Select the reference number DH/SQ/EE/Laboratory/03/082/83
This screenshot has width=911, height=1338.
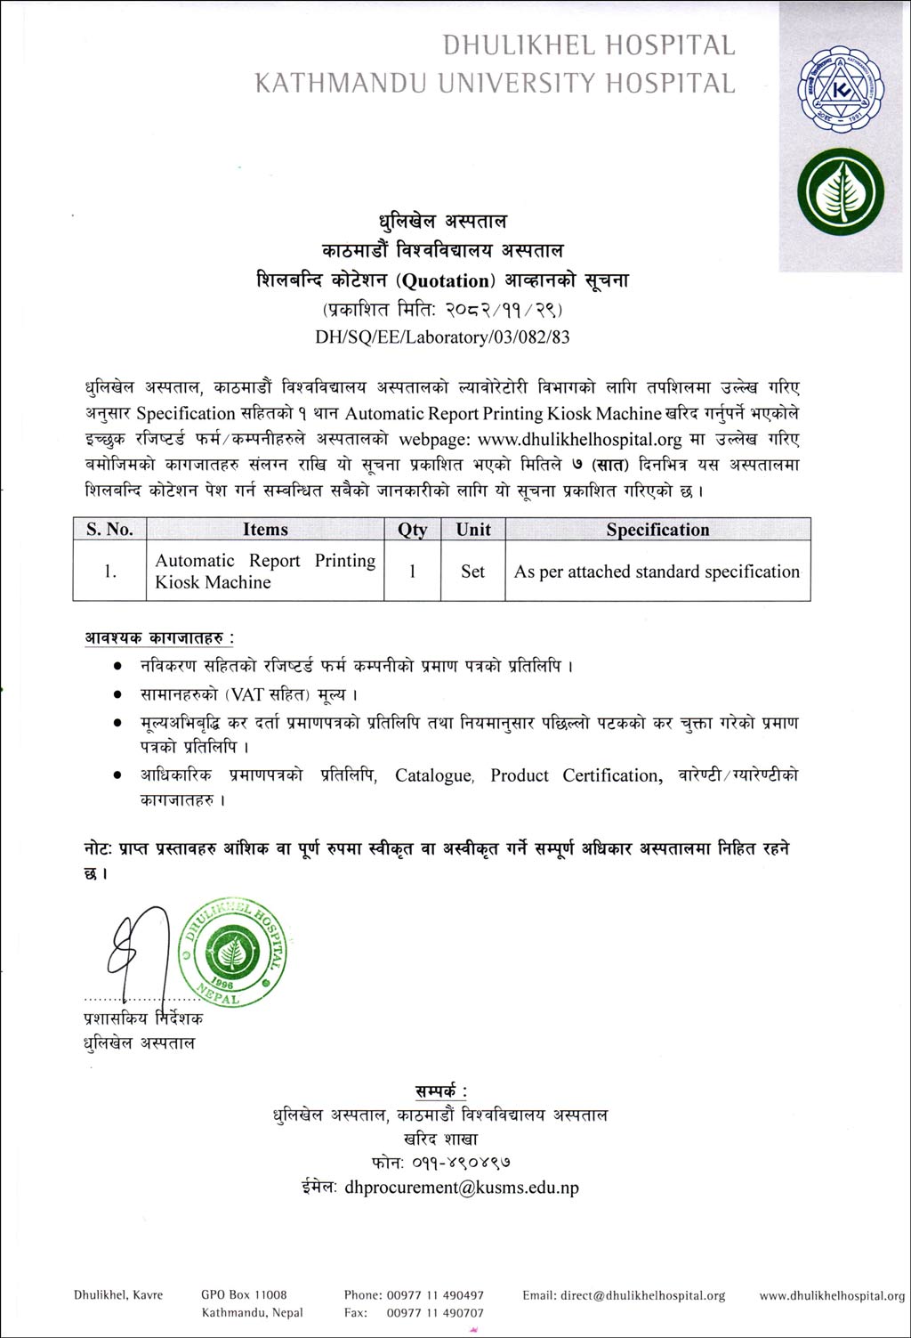point(442,337)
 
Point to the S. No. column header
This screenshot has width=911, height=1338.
point(109,530)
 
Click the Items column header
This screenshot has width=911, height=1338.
point(265,530)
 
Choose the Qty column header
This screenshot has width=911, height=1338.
point(412,530)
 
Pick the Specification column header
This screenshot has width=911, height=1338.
point(657,530)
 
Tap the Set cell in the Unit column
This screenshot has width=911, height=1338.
point(472,572)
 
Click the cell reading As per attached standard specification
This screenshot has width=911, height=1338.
point(657,572)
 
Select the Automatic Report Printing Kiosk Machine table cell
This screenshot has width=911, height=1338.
point(265,572)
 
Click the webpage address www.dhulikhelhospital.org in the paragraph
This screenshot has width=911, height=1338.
point(579,439)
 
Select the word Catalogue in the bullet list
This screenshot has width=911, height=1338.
point(434,775)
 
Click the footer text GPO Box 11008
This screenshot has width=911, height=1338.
point(244,1295)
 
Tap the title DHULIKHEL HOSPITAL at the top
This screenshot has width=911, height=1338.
point(589,45)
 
